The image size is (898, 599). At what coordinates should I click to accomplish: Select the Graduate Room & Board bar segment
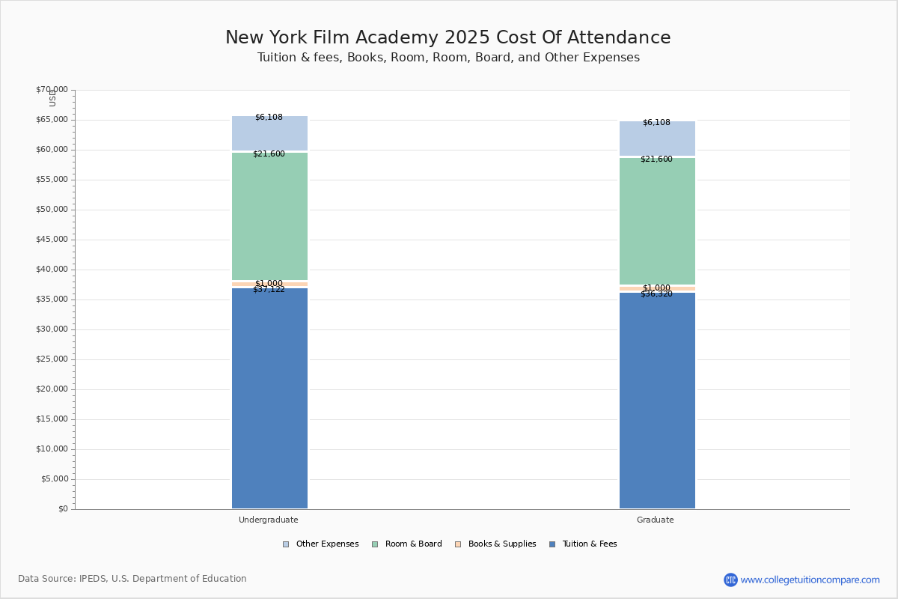[x=657, y=221]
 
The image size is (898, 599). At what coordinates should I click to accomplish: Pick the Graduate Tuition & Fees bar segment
[x=657, y=401]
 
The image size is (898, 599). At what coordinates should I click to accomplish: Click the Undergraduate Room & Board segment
[x=269, y=216]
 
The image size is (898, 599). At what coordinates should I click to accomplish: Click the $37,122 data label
[x=269, y=290]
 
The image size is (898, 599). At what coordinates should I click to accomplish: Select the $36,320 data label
[x=656, y=294]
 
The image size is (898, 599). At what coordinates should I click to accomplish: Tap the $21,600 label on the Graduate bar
[x=656, y=159]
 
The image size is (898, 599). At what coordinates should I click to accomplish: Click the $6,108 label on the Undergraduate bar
[x=269, y=118]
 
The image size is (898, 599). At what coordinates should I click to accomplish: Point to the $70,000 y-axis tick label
[x=52, y=90]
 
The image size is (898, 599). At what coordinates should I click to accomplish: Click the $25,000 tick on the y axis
[x=52, y=359]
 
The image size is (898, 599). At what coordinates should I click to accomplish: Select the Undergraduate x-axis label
[x=269, y=520]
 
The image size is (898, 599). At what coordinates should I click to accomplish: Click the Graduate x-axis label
[x=656, y=520]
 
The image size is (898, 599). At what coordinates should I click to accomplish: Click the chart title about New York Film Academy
[x=448, y=38]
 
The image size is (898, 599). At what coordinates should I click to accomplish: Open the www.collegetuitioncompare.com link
[x=810, y=580]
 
